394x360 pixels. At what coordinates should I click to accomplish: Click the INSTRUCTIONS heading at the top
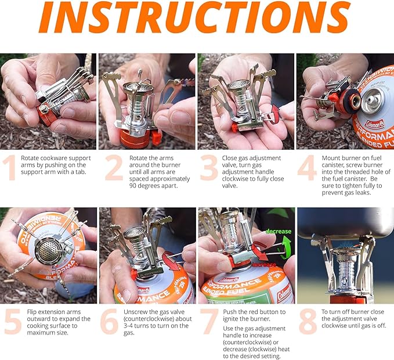tap(194, 16)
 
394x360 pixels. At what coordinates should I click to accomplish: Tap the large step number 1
tap(9, 167)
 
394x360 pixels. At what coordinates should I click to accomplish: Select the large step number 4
tap(307, 167)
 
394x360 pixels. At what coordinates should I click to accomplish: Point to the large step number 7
tap(209, 321)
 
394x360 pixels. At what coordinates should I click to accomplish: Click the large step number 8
tap(308, 321)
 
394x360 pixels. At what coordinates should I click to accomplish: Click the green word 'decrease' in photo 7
tap(279, 231)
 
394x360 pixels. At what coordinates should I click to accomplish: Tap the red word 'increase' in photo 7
tap(264, 265)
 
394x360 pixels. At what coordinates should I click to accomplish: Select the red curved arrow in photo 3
tap(275, 114)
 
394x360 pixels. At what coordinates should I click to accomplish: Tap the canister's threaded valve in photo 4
tap(372, 100)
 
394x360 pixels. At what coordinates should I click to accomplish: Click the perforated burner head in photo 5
tap(48, 250)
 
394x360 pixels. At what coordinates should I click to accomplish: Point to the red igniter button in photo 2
tap(156, 138)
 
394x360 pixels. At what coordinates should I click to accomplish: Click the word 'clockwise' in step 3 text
tap(235, 179)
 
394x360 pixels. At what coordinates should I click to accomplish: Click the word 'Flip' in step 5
tap(32, 312)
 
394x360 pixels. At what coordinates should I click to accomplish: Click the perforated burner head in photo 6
tap(135, 233)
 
